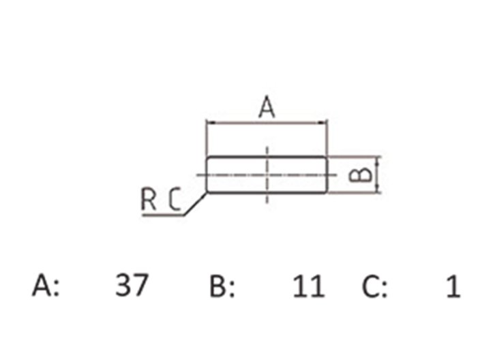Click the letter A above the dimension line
click(x=267, y=107)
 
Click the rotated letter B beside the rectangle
click(x=361, y=175)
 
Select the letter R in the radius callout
click(x=149, y=199)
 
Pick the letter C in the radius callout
click(x=175, y=199)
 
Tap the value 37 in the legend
click(x=132, y=285)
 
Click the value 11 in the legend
click(x=309, y=286)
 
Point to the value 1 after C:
click(x=453, y=286)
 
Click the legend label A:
click(x=46, y=285)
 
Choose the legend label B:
click(x=222, y=286)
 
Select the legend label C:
click(x=374, y=286)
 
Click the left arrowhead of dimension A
click(x=211, y=123)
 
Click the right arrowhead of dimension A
click(x=323, y=123)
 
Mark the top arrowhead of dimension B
click(x=378, y=160)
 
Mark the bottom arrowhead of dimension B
click(x=378, y=189)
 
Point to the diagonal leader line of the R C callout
click(x=195, y=204)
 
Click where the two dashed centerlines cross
click(x=267, y=175)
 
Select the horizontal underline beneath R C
click(x=163, y=215)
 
